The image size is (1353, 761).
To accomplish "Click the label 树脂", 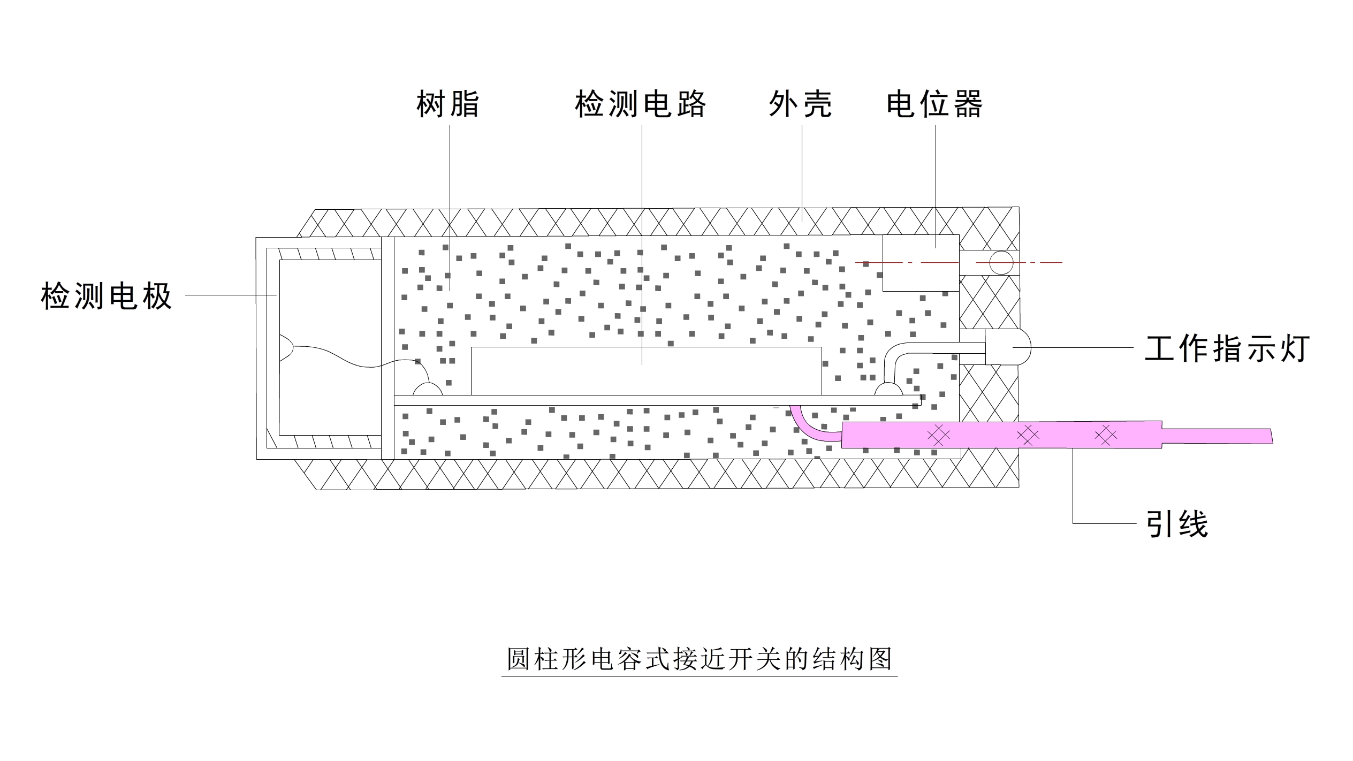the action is pyautogui.click(x=448, y=104).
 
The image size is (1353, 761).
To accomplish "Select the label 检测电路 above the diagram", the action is pyautogui.click(x=641, y=104).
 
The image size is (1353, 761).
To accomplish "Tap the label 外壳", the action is pyautogui.click(x=801, y=104).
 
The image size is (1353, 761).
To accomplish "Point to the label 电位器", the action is pyautogui.click(x=934, y=104).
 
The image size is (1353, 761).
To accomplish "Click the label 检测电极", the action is pyautogui.click(x=107, y=296).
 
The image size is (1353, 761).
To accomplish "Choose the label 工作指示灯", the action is pyautogui.click(x=1227, y=348).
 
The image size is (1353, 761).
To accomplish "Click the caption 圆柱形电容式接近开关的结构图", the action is pyautogui.click(x=699, y=659).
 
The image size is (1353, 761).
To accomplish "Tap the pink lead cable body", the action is pyautogui.click(x=1001, y=435).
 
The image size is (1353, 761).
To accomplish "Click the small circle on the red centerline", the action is pyautogui.click(x=1001, y=263).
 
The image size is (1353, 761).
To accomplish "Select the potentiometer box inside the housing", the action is pyautogui.click(x=921, y=263).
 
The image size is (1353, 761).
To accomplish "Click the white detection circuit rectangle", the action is pyautogui.click(x=646, y=371).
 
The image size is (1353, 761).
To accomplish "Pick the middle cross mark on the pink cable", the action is pyautogui.click(x=1027, y=435).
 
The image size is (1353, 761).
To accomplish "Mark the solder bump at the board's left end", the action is pyautogui.click(x=428, y=389).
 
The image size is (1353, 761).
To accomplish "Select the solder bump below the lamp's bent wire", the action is pyautogui.click(x=888, y=389).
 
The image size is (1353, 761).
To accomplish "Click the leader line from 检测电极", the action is pyautogui.click(x=231, y=294).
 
